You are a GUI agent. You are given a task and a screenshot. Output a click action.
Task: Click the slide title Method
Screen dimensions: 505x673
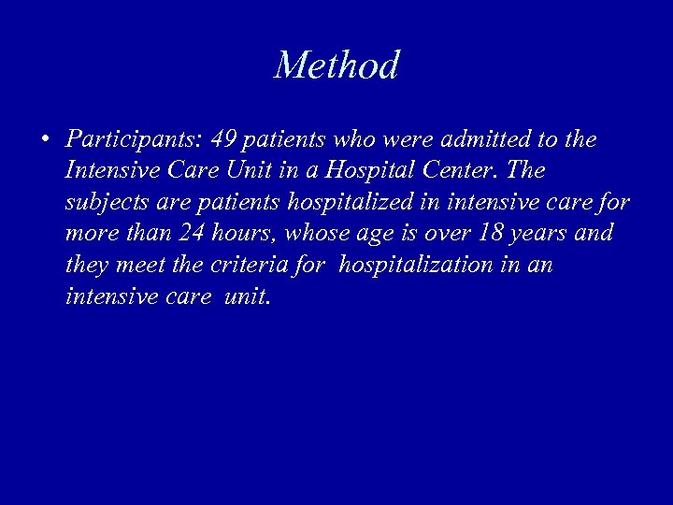click(x=336, y=65)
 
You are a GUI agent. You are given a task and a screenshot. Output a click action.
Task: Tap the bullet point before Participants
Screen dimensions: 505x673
click(x=45, y=141)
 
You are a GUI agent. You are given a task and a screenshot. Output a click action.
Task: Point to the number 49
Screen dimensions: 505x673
click(x=224, y=140)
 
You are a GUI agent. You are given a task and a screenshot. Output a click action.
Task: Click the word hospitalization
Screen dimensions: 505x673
click(x=417, y=265)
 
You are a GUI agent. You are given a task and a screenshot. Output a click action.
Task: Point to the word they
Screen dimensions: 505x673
click(x=87, y=265)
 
